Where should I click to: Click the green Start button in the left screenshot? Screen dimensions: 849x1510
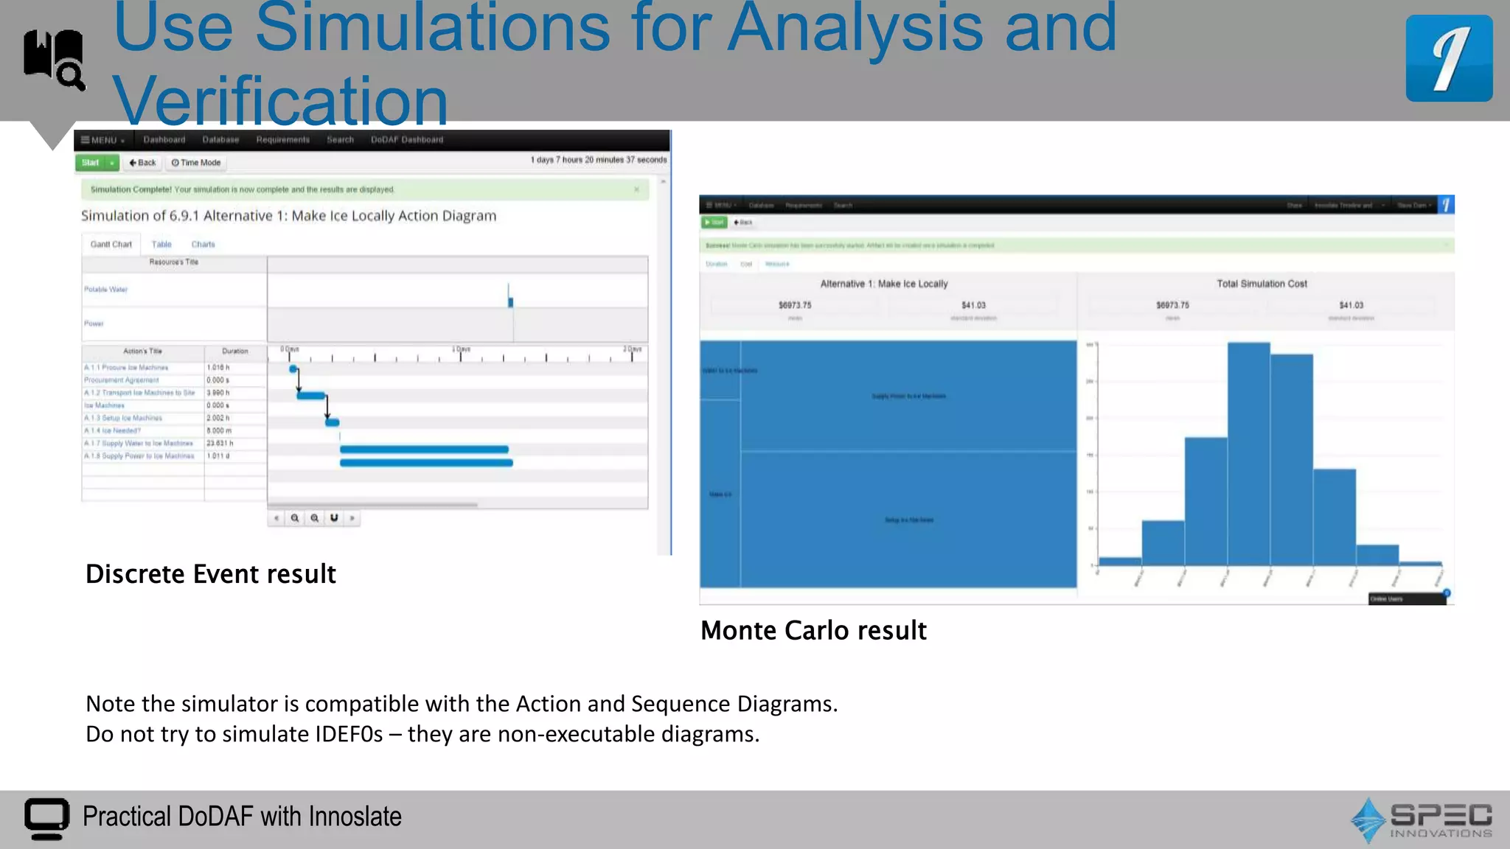tap(91, 163)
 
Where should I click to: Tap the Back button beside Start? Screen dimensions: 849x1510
tap(142, 163)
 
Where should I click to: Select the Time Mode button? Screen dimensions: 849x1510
tap(196, 163)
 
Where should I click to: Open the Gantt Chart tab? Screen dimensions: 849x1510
tap(111, 245)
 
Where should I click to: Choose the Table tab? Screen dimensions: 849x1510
tap(161, 245)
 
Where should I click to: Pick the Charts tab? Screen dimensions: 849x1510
tap(203, 245)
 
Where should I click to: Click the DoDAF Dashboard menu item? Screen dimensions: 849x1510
tap(407, 140)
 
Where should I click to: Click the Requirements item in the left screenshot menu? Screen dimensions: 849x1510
tap(282, 140)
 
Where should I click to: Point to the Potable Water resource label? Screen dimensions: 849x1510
tap(105, 290)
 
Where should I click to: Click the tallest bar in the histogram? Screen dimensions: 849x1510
tap(1248, 453)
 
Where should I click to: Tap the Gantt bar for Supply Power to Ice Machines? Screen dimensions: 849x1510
tap(426, 463)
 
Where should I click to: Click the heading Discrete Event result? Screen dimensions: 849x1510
tap(211, 574)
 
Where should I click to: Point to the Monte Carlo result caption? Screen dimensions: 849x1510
tap(813, 631)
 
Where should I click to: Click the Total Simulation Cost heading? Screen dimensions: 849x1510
tap(1262, 284)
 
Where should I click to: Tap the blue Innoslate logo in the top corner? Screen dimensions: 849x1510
tap(1449, 59)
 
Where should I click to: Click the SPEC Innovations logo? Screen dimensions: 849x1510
tap(1421, 820)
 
